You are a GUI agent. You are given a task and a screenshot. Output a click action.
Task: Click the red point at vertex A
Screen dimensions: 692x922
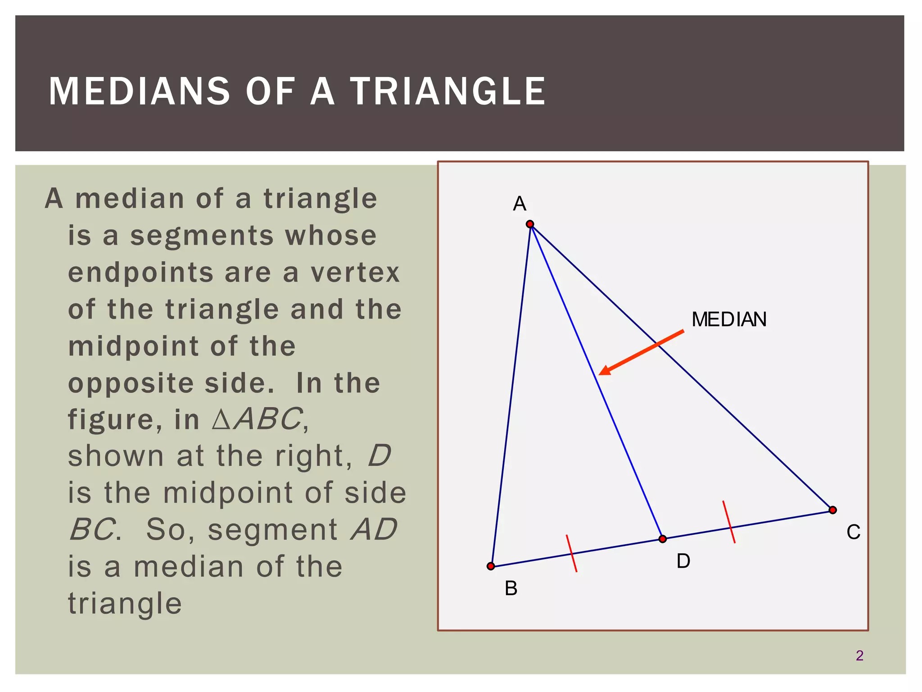(530, 224)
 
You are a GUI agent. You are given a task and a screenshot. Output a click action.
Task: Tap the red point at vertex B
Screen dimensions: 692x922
(491, 566)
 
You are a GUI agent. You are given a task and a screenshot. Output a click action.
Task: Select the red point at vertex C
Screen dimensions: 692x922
(832, 510)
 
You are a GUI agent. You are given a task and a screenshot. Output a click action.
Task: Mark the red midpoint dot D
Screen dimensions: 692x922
(662, 539)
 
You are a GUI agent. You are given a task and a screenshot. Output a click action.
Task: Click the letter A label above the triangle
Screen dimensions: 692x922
(520, 204)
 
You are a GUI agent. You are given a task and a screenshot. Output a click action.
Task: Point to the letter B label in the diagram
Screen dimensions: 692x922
(511, 588)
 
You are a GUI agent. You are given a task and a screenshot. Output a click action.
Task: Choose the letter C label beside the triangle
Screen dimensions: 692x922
(853, 533)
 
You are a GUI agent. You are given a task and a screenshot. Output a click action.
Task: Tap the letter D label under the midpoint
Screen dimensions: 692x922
(683, 561)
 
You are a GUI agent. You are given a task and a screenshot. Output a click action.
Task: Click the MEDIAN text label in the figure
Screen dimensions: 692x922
(729, 319)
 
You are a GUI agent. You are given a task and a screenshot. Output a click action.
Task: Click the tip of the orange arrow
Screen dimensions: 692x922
(601, 373)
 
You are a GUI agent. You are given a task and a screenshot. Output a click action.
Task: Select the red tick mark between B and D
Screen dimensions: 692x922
(571, 553)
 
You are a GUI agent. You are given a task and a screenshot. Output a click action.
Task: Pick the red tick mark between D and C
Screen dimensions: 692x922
(729, 522)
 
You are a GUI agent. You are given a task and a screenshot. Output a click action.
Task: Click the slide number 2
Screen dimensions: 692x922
(859, 656)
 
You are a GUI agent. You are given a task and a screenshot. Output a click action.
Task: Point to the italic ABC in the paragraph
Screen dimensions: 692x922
(268, 419)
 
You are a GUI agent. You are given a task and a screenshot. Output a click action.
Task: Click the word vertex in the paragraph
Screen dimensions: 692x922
(355, 273)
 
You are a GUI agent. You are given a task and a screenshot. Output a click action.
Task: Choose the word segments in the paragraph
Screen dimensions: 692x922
(202, 236)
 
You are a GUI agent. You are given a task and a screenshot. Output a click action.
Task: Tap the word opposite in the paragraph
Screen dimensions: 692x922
(131, 383)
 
